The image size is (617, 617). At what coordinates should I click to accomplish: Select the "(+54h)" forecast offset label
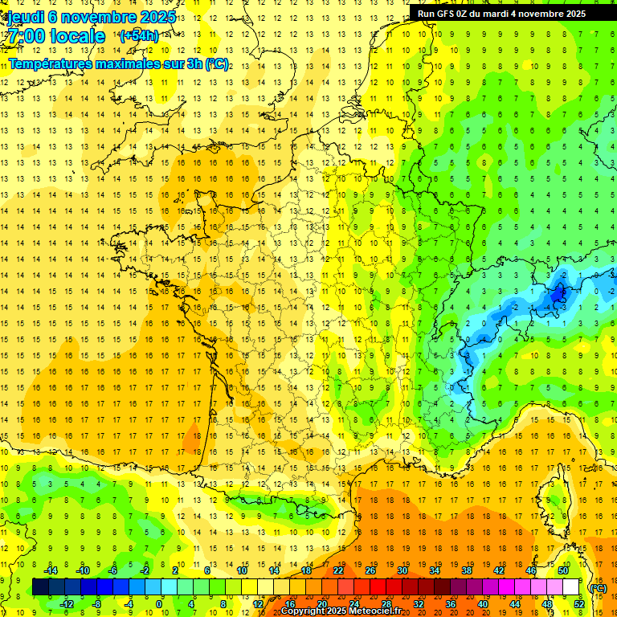point(138,36)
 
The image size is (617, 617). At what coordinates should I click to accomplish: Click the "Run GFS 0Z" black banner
point(502,14)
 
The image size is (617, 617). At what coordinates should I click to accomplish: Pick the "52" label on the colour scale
point(579,604)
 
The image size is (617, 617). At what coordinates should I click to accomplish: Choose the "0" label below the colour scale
point(159,604)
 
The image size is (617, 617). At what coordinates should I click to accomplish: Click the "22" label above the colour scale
point(338,570)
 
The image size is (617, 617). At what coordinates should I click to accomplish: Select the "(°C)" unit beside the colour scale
point(598,587)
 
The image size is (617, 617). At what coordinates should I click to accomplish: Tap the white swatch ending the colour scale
point(571,587)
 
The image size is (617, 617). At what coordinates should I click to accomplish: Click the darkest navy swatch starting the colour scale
point(40,587)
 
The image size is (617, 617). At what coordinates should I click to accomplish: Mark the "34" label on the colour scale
point(435,570)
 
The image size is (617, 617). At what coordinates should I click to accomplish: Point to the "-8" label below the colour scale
point(97,604)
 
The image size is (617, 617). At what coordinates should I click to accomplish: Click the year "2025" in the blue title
point(157,17)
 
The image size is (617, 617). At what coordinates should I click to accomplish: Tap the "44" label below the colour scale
point(515,604)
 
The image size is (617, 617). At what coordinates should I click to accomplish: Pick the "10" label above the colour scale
point(242,570)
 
